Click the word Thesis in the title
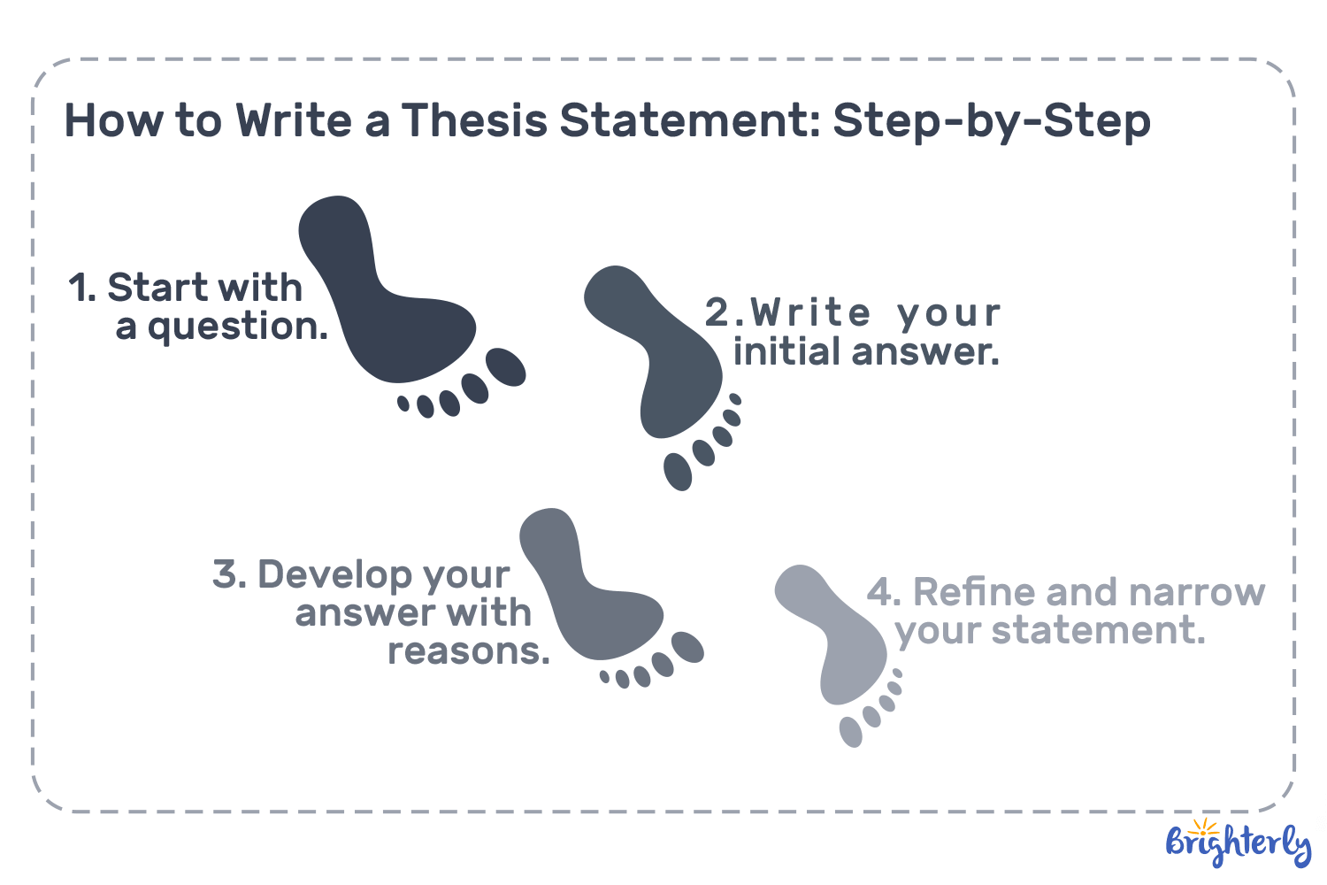(475, 120)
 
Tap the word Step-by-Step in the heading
(992, 122)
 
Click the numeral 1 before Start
(81, 289)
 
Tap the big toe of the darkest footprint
(506, 366)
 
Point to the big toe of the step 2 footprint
(679, 472)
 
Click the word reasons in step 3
(468, 652)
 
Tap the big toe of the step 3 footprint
(687, 647)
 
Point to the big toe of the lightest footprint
(850, 732)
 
